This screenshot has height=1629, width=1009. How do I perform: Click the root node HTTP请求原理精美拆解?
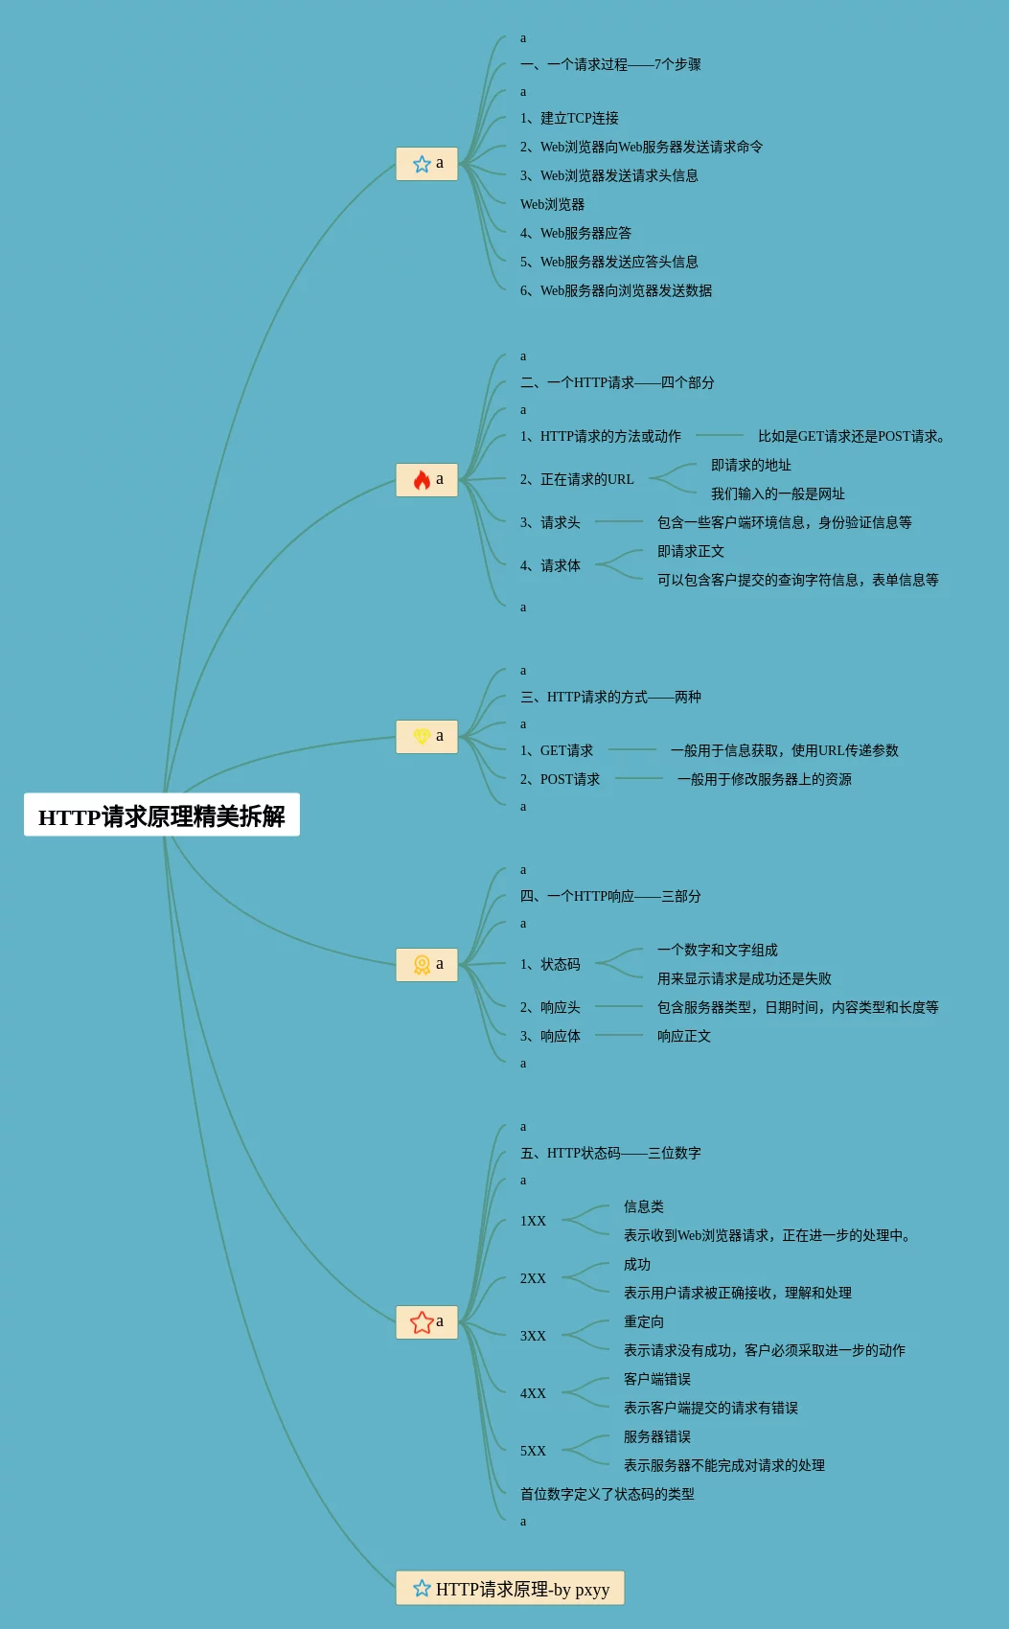(x=161, y=815)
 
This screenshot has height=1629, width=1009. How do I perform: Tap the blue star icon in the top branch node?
(x=422, y=164)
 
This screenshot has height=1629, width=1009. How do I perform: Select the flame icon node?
(x=426, y=480)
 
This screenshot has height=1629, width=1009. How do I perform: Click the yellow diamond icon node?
(x=426, y=737)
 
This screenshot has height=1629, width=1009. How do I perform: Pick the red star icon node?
(x=426, y=1322)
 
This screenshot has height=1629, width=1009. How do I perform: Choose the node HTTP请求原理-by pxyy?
(x=510, y=1589)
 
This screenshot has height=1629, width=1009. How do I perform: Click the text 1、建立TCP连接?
(x=569, y=119)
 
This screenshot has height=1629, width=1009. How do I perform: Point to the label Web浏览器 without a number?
(x=552, y=205)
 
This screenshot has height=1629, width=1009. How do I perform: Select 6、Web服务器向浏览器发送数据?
(x=615, y=291)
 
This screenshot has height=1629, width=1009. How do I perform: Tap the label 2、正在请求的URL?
(x=577, y=480)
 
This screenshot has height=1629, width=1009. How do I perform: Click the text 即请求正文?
(x=690, y=552)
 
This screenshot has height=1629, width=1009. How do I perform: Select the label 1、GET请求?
(x=556, y=751)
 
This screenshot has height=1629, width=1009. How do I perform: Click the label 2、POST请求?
(x=560, y=780)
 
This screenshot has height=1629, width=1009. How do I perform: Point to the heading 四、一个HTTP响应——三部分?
(x=610, y=897)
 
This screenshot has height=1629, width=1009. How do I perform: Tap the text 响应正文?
(x=683, y=1037)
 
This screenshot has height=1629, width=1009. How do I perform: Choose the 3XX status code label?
(x=533, y=1337)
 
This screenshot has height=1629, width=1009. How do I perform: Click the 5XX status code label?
(x=533, y=1452)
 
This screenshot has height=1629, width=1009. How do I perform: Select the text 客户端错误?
(x=656, y=1380)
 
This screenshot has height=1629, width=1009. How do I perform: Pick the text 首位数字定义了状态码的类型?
(x=607, y=1495)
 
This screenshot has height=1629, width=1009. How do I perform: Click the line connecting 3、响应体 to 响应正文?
(x=619, y=1035)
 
